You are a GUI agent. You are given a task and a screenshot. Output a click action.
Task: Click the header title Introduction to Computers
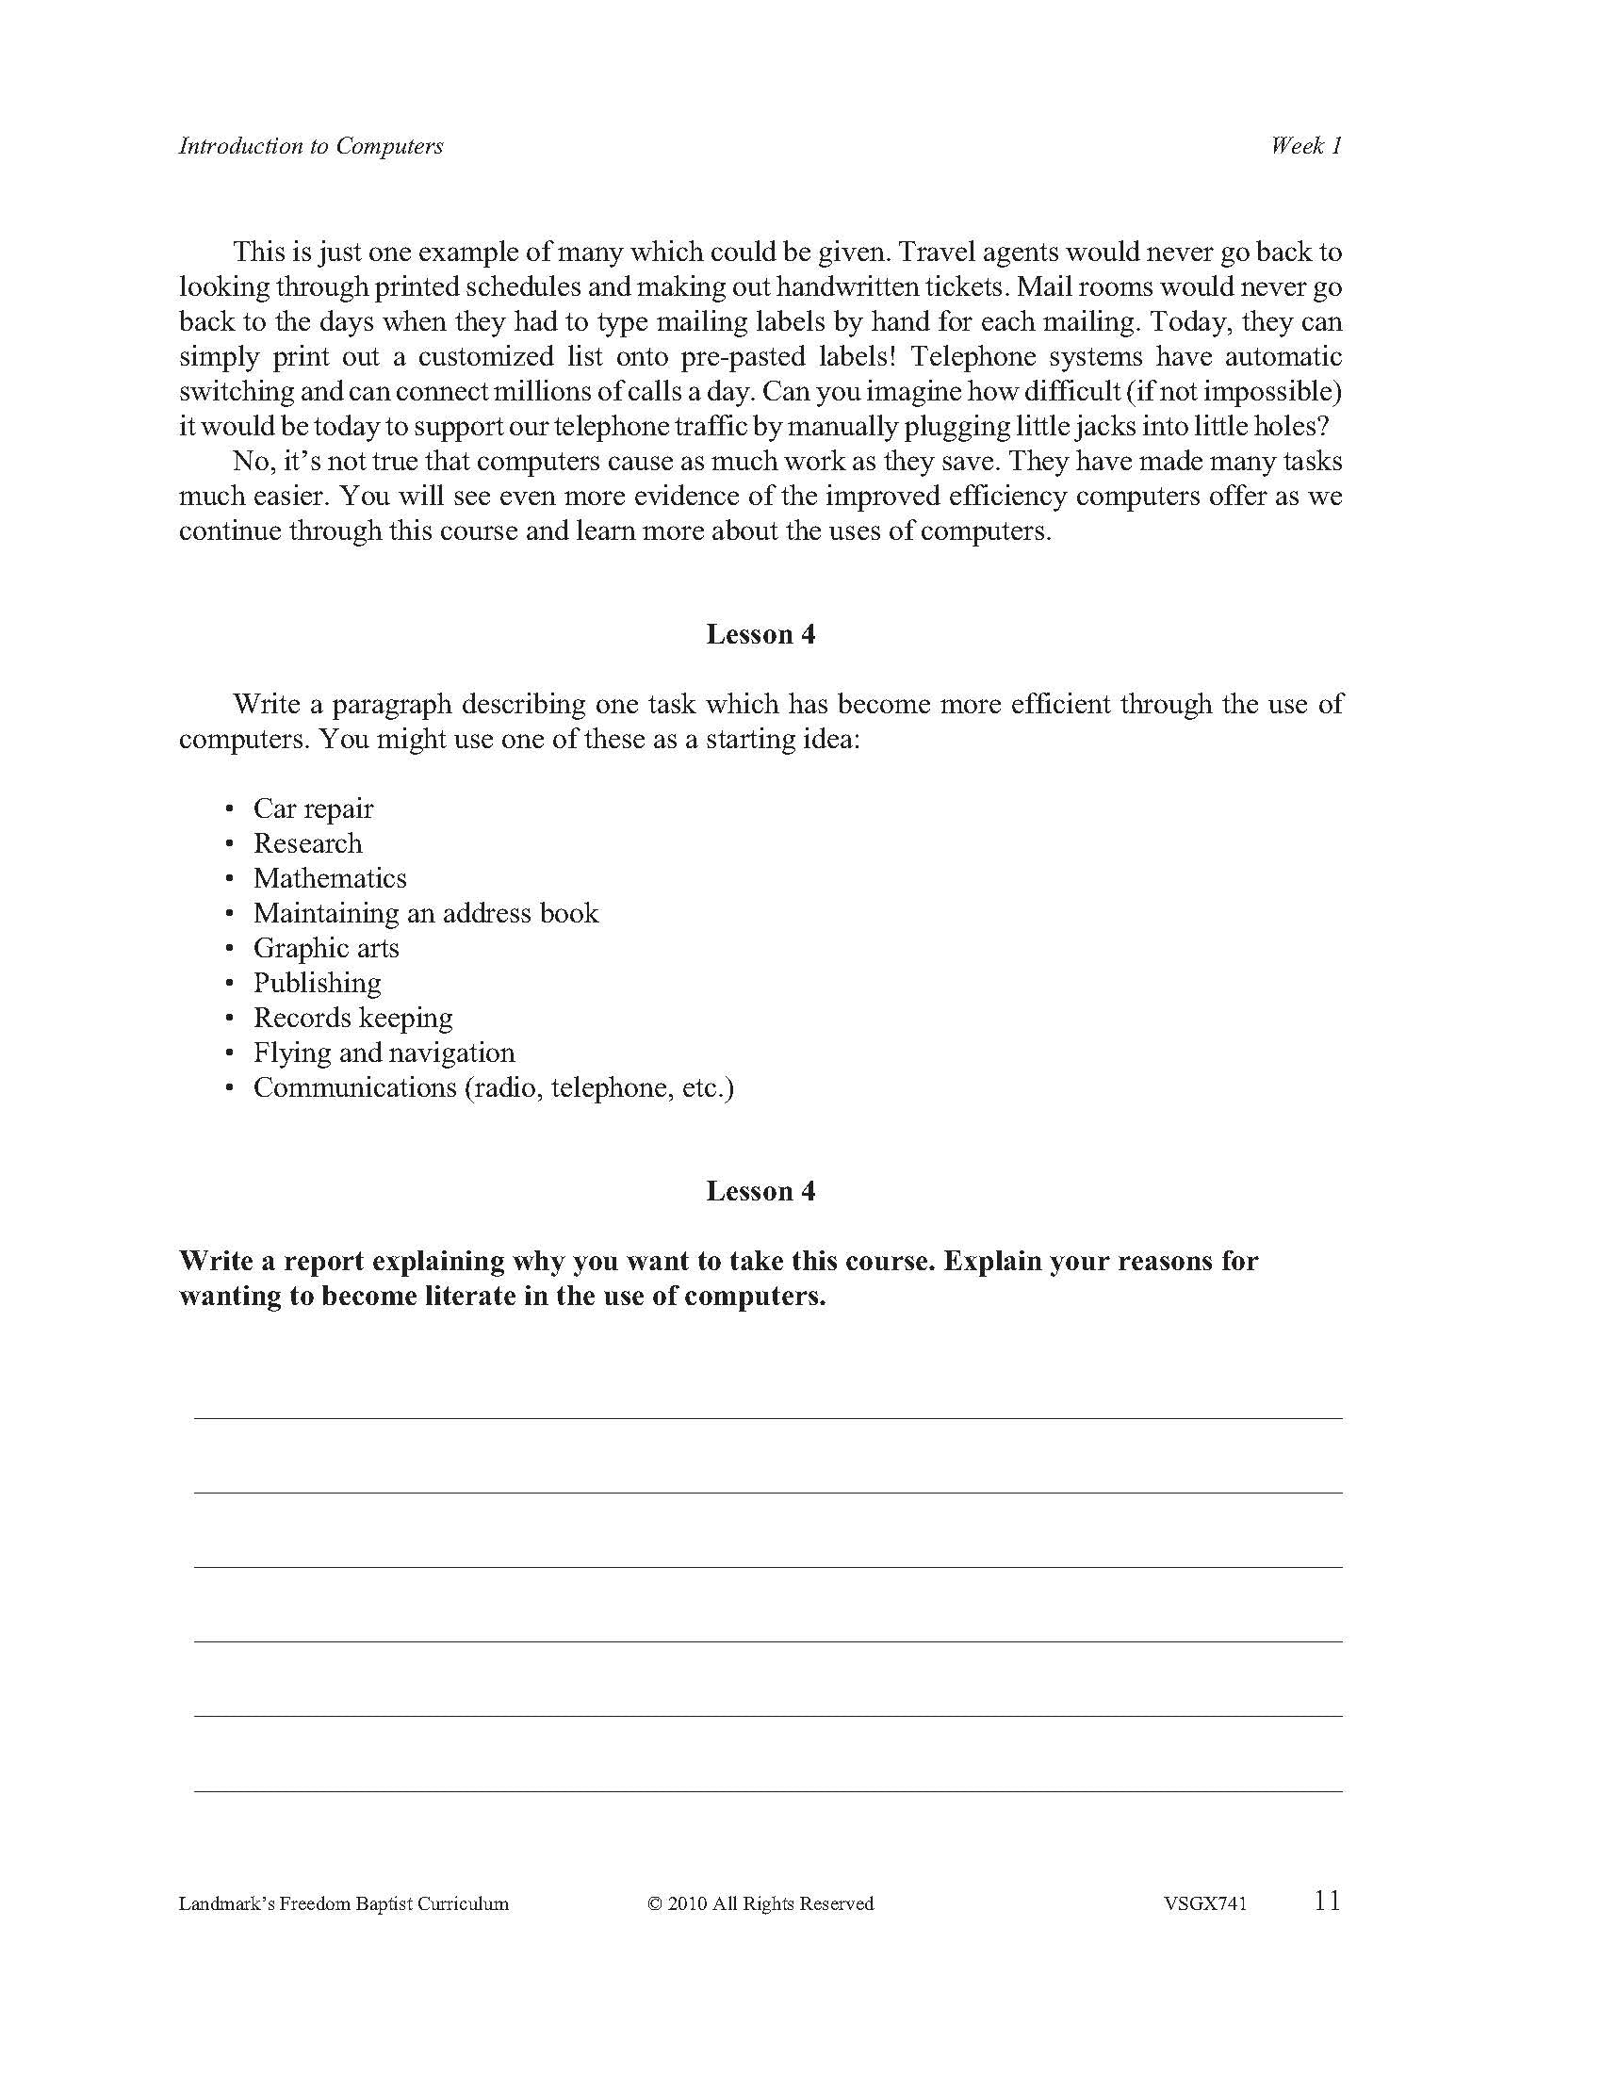tap(310, 146)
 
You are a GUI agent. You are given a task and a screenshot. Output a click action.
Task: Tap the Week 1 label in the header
tap(1306, 145)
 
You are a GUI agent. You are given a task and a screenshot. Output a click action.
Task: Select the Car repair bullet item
tap(312, 808)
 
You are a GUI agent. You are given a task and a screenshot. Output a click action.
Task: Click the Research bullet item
tap(306, 844)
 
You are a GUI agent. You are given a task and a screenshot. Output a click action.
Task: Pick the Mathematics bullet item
tap(329, 878)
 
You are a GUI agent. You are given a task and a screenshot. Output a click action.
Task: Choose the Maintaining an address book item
tap(425, 913)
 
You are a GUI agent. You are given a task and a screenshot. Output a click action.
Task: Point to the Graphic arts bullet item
tap(325, 948)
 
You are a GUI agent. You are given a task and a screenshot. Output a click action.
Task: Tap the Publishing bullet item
tap(317, 983)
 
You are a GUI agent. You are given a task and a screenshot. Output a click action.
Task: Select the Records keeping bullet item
tap(352, 1018)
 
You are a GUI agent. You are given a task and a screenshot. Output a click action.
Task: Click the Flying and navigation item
tap(384, 1053)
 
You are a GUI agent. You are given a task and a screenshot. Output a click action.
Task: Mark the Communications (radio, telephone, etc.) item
tap(494, 1087)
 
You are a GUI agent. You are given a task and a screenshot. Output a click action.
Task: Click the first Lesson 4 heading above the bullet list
tap(760, 635)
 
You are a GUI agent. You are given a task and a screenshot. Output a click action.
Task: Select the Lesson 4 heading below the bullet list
tap(760, 1191)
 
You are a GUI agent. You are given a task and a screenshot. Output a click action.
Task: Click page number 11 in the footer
tap(1327, 1902)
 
